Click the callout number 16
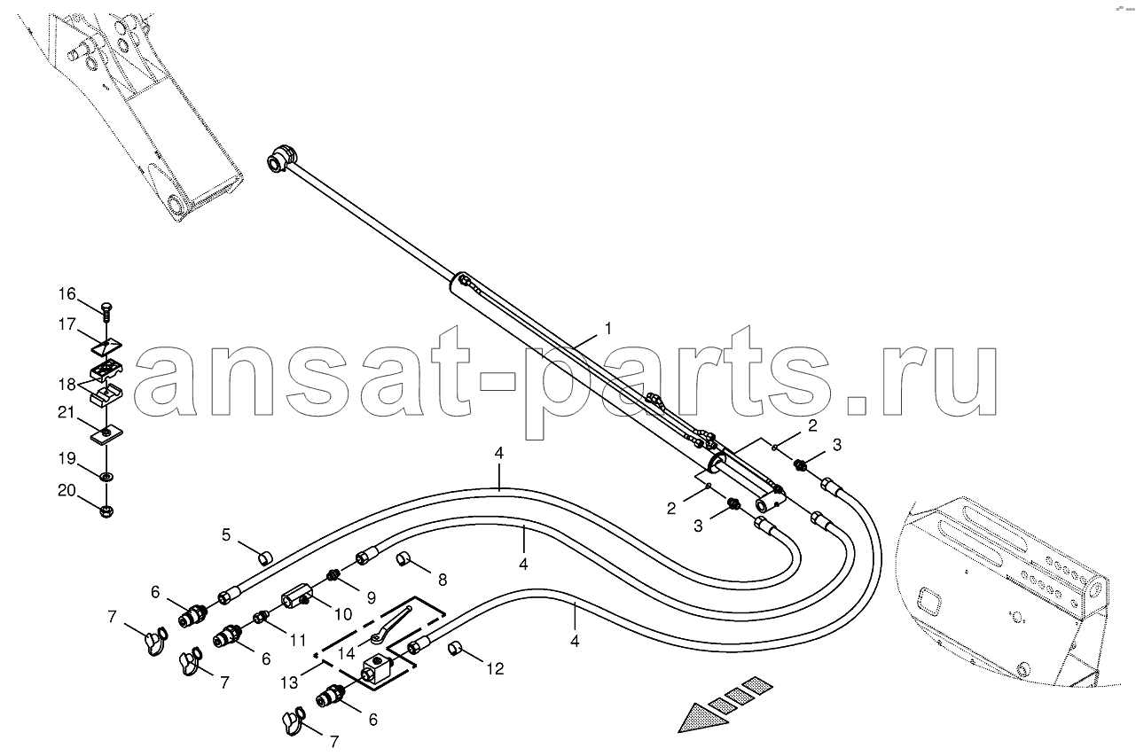point(67,294)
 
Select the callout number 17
point(67,323)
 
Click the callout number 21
point(67,412)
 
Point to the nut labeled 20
point(107,511)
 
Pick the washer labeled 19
point(106,477)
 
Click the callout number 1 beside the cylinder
point(608,328)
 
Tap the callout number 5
point(226,534)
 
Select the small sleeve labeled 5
point(265,558)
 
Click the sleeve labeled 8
point(403,560)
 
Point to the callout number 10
point(343,614)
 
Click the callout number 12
point(495,669)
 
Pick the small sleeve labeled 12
point(455,650)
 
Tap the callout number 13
point(289,683)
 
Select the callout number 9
point(372,598)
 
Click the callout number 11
point(297,641)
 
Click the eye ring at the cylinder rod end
point(280,160)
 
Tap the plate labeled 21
point(107,433)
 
